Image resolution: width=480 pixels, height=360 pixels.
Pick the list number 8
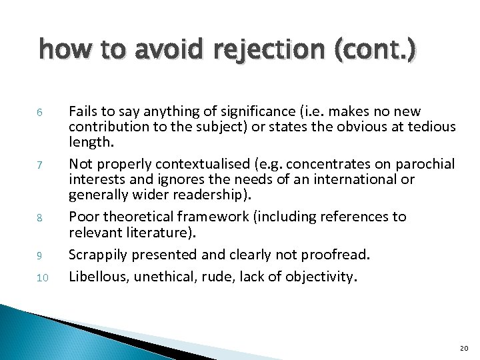(x=40, y=218)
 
